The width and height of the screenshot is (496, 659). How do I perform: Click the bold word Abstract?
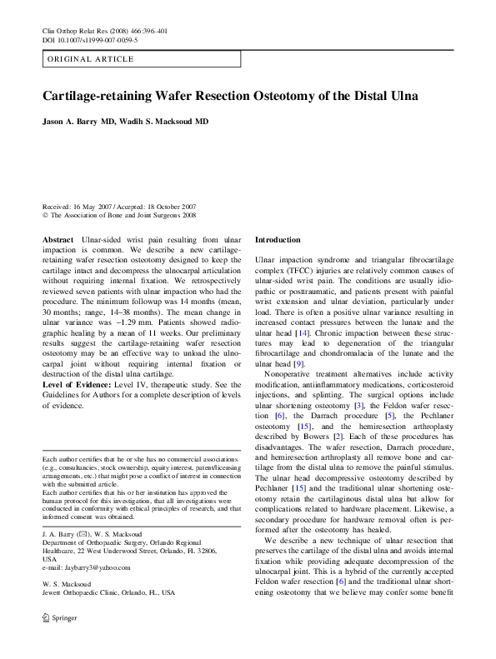[x=58, y=239]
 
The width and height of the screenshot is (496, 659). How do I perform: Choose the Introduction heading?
[x=277, y=239]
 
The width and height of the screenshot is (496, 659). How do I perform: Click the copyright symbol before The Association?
[x=45, y=214]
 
